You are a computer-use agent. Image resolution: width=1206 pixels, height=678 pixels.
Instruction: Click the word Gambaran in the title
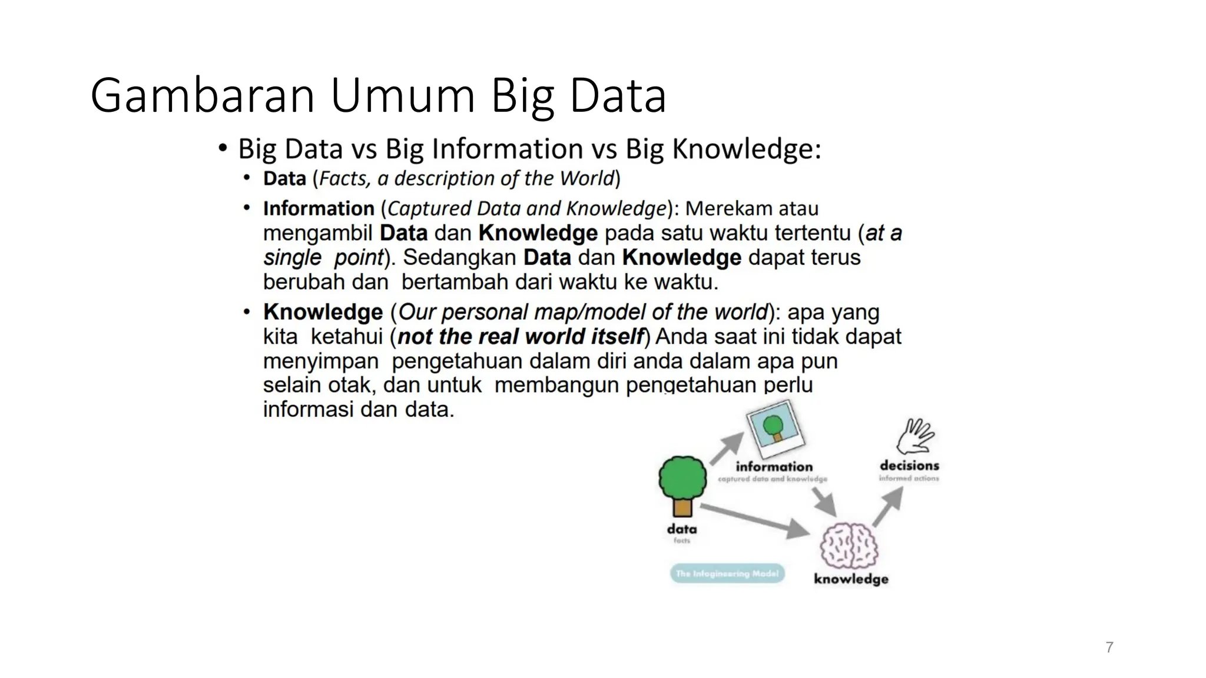(203, 96)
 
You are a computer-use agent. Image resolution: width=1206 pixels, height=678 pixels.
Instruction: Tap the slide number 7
(1109, 647)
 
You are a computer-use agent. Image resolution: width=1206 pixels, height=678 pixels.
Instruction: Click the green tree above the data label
(682, 478)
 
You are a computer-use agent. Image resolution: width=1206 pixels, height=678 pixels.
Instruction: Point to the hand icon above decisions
(915, 437)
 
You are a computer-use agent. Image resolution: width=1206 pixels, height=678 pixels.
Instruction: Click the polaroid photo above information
(775, 429)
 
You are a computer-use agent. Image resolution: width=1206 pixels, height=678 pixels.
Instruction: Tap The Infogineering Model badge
(727, 573)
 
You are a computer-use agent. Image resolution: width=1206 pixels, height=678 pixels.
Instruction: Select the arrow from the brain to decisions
(888, 507)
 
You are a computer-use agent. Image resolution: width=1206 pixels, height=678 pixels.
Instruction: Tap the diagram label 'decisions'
(909, 466)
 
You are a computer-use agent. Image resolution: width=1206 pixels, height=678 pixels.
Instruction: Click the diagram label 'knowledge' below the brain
(851, 579)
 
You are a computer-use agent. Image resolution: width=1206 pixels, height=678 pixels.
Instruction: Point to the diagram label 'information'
(774, 467)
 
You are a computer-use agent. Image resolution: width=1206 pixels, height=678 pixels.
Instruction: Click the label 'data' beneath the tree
(682, 529)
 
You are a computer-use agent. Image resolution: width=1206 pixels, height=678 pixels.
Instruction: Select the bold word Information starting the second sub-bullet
(319, 208)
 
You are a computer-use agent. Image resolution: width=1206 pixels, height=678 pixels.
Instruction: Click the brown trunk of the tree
(683, 507)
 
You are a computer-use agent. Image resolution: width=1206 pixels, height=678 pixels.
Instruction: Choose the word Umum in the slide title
(403, 96)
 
